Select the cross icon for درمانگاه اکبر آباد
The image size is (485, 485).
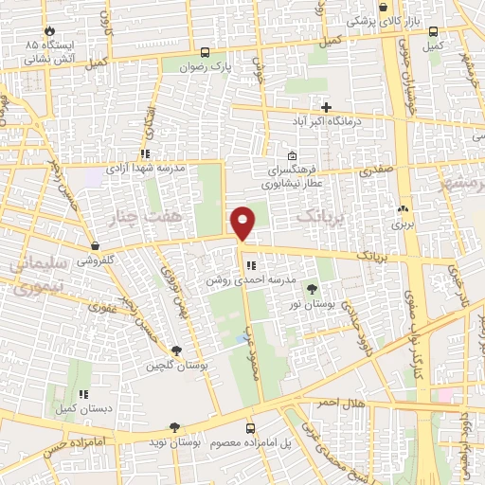328,107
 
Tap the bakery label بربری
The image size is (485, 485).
404,225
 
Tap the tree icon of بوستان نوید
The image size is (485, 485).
173,427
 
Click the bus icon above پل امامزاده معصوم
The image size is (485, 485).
250,427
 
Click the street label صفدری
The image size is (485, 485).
375,171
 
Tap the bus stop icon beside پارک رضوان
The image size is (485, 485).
206,52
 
